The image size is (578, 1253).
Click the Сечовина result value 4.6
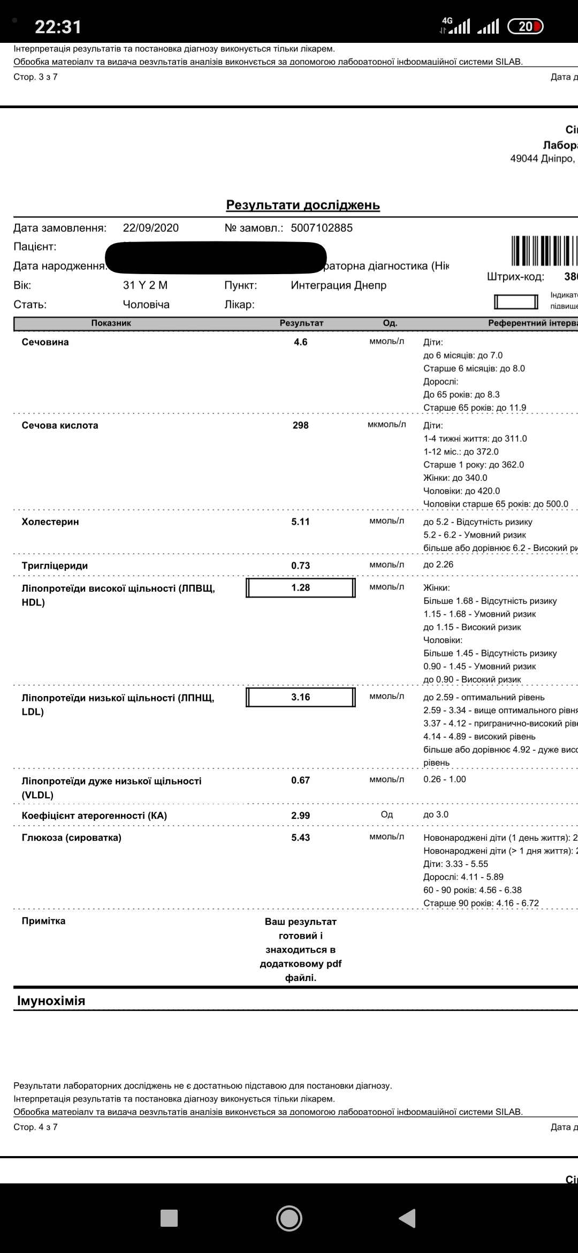(300, 342)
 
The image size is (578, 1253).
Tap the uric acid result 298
(300, 425)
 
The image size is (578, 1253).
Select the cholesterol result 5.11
(300, 522)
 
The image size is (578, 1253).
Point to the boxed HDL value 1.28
(300, 587)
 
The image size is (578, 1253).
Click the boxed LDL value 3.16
(300, 697)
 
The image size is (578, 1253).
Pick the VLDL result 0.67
(300, 780)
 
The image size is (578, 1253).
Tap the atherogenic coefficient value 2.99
(300, 816)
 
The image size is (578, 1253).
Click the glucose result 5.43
(300, 837)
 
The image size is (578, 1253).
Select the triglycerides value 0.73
(300, 565)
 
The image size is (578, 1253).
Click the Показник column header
(111, 323)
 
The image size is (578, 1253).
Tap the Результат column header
(301, 323)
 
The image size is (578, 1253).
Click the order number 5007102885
(322, 228)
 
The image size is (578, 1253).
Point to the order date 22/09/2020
(151, 228)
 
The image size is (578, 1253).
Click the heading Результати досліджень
(303, 205)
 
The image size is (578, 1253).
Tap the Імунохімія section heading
(51, 1001)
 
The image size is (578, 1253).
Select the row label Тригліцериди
(55, 565)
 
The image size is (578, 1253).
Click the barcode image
(544, 251)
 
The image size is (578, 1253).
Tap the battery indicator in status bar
(525, 26)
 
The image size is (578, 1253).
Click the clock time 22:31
(58, 27)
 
